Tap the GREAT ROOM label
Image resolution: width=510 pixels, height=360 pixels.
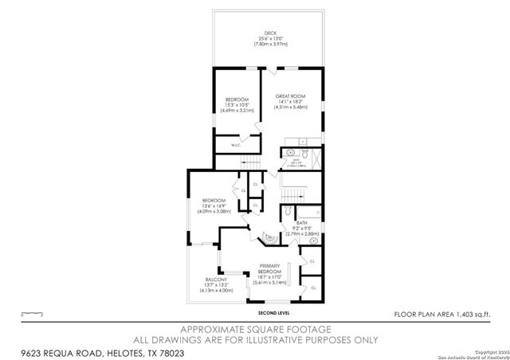point(290,96)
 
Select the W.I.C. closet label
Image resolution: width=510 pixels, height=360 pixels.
point(236,145)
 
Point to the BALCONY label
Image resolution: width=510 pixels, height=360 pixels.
point(216,280)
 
